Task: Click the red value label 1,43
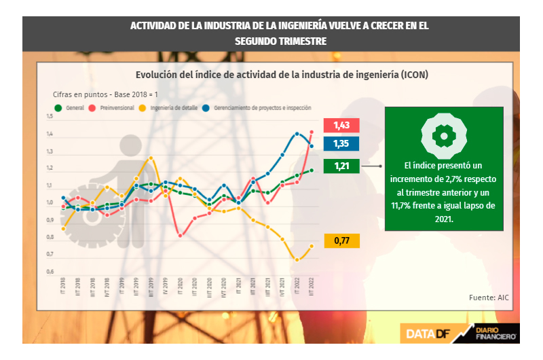[341, 126]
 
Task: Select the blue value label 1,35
[341, 144]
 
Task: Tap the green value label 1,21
[341, 166]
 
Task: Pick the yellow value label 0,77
[341, 240]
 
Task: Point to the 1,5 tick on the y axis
[50, 117]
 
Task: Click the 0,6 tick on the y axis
[50, 272]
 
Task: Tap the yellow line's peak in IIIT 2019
[151, 158]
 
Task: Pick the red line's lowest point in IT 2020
[180, 236]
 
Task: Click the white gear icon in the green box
[444, 135]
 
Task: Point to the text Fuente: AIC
[489, 298]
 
